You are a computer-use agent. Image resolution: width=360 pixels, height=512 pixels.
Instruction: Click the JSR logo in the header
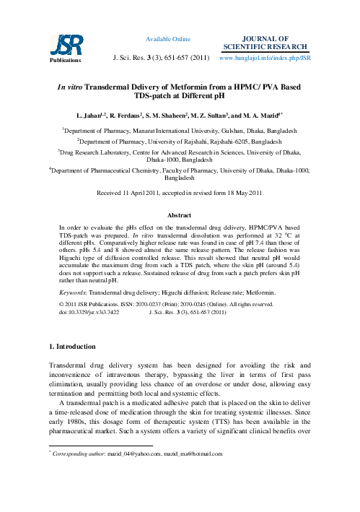(x=61, y=45)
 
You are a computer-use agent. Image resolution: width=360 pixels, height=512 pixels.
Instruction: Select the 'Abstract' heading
(x=179, y=216)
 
